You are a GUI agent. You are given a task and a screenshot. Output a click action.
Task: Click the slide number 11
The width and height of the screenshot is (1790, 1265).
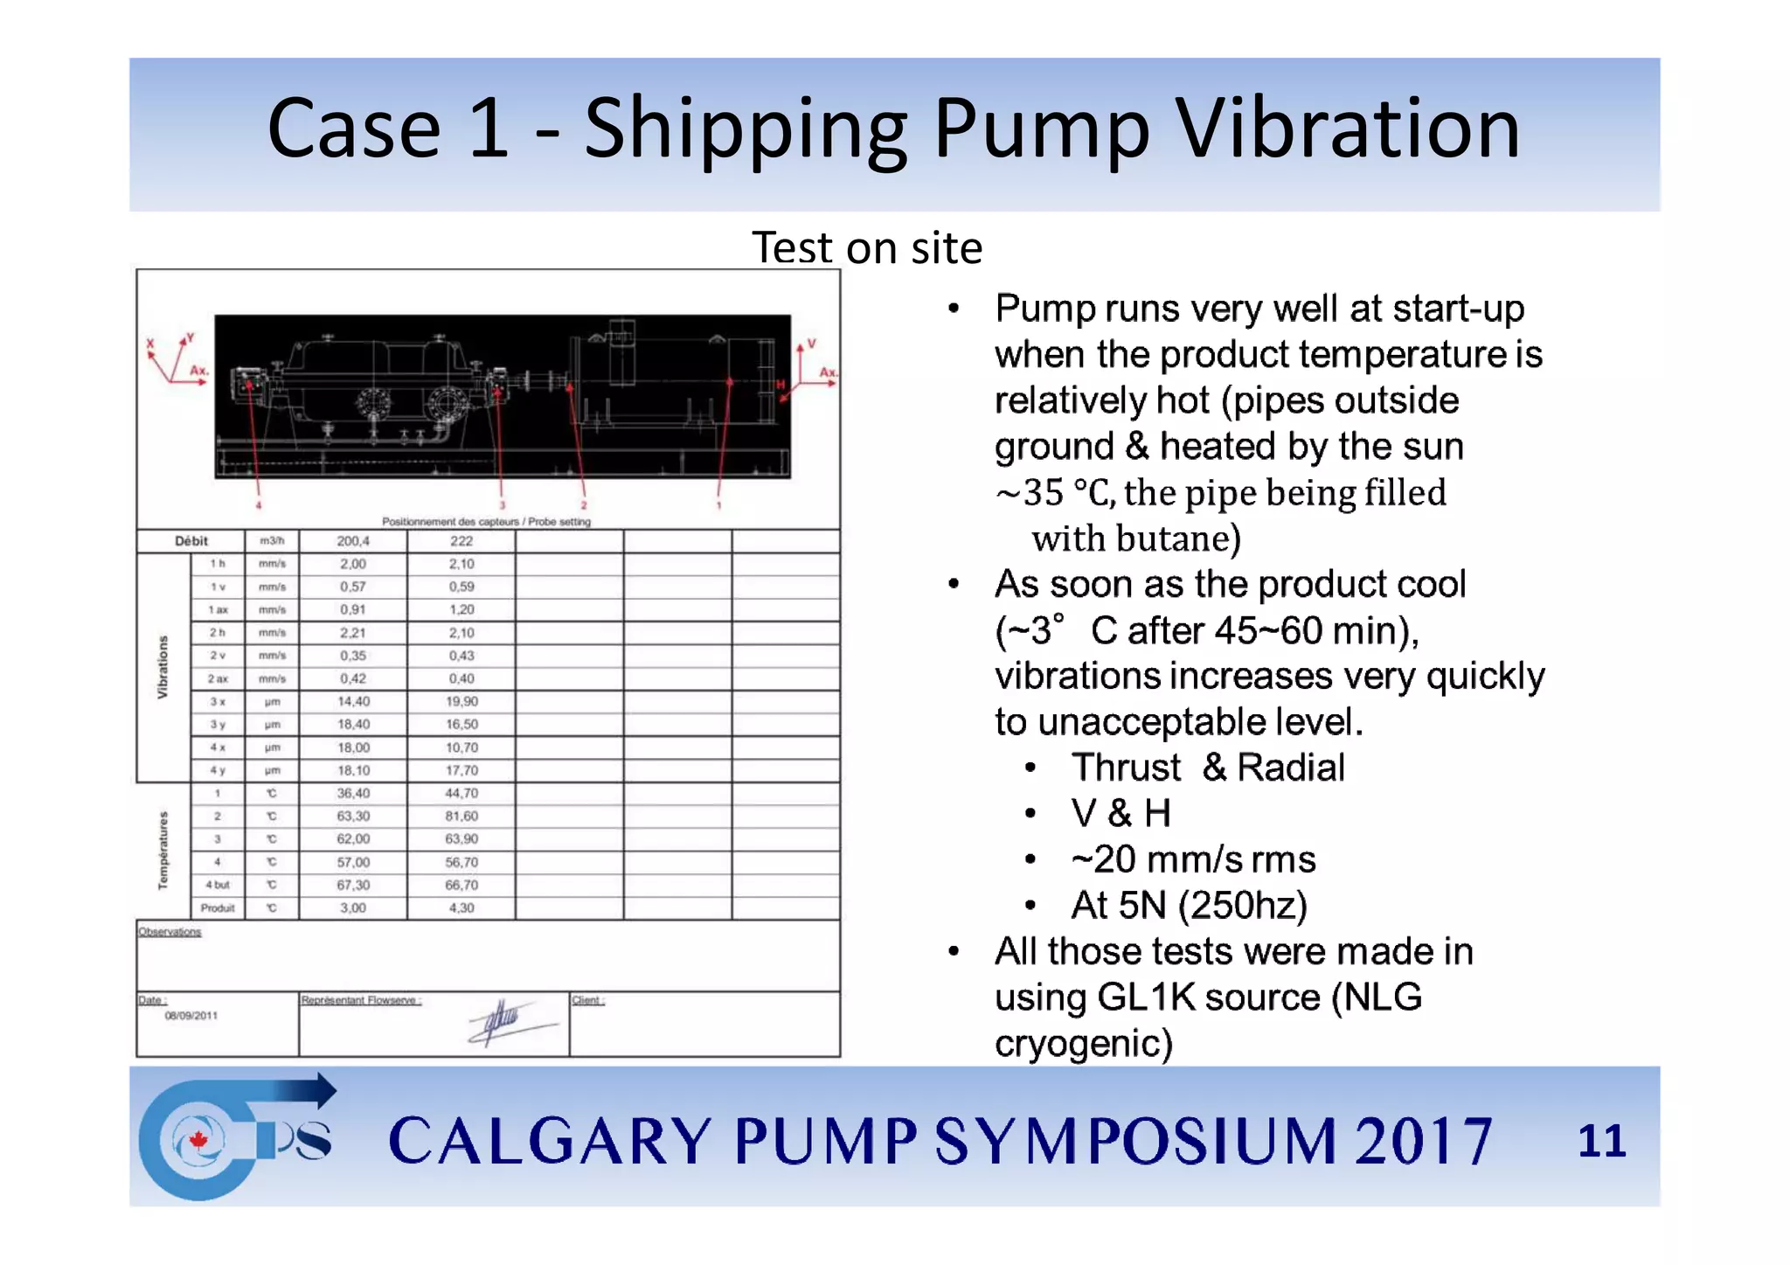[x=1601, y=1141]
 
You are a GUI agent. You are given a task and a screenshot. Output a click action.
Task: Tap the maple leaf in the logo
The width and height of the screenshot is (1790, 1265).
[x=198, y=1140]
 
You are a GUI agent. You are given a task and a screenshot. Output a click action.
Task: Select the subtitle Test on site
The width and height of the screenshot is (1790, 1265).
[x=867, y=247]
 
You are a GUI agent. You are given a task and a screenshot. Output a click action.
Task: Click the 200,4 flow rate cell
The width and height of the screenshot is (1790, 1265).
[x=353, y=541]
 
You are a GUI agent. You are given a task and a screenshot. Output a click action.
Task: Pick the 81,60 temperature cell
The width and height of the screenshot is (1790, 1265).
[x=461, y=816]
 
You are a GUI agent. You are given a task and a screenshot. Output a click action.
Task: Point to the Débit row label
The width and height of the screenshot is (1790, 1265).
[x=191, y=541]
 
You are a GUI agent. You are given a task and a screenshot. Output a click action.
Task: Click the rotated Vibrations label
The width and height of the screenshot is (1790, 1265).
[x=163, y=667]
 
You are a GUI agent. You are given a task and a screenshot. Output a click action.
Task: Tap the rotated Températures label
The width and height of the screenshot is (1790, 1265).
[x=163, y=851]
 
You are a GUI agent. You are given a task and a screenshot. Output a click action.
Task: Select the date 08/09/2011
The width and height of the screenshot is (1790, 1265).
[x=191, y=1016]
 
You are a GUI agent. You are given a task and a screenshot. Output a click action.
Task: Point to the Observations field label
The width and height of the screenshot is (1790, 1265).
[x=170, y=932]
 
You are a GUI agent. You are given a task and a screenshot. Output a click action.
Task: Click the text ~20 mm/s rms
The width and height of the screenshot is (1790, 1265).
[x=1193, y=859]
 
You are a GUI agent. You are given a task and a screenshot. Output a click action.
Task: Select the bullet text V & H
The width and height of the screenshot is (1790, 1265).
[x=1120, y=814]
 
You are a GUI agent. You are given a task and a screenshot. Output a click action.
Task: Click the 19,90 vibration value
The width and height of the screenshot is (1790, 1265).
[x=461, y=701]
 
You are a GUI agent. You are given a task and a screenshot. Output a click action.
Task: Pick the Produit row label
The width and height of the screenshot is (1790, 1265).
[x=218, y=908]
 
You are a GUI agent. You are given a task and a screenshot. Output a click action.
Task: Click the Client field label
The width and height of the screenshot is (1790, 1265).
[x=587, y=1000]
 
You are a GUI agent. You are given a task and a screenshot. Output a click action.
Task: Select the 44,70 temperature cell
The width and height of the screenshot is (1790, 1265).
[x=461, y=793]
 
